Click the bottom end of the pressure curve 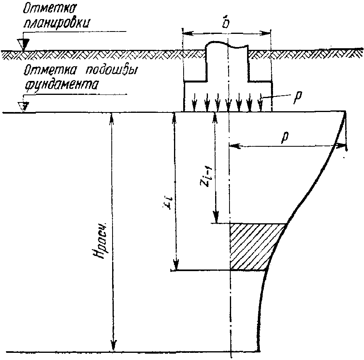259,351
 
